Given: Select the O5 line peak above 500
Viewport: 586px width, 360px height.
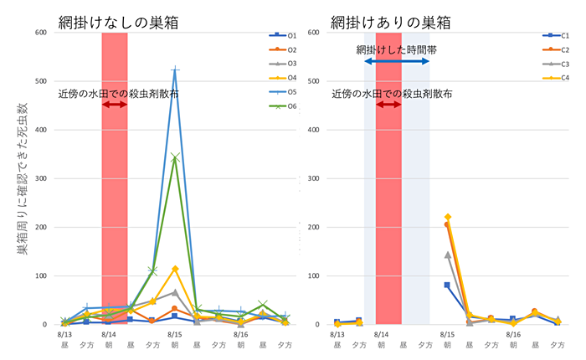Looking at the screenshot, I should (175, 70).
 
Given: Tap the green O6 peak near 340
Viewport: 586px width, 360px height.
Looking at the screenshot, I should (175, 157).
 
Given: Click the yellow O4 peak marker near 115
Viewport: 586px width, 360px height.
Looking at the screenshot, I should (175, 269).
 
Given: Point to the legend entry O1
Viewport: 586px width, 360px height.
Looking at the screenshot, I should (285, 35).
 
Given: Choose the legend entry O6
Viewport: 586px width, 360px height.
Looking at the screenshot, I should (285, 106).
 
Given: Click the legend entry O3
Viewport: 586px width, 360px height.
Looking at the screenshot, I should (285, 64).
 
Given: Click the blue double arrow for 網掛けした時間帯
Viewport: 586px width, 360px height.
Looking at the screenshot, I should (397, 62).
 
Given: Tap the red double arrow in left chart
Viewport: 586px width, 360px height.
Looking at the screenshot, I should (114, 105).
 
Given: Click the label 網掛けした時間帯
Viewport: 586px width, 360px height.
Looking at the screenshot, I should (396, 49).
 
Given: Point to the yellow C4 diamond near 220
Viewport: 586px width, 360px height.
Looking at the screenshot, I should (447, 218).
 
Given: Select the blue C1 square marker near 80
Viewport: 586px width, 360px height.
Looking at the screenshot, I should (447, 285).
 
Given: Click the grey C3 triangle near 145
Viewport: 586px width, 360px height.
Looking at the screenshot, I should (447, 255).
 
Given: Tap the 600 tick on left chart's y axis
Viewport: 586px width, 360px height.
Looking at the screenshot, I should (39, 33).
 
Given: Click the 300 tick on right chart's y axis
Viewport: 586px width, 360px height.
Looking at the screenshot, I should (316, 178).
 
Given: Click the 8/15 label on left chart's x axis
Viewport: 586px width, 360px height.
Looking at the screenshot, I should (174, 333).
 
